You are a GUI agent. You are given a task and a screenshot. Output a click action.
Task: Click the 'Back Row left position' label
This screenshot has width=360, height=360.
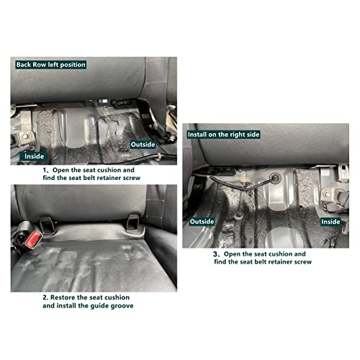click(x=51, y=65)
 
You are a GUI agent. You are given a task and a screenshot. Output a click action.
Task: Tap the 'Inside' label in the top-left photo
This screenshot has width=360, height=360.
click(x=35, y=156)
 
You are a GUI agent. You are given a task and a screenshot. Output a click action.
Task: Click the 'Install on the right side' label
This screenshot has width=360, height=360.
click(x=223, y=134)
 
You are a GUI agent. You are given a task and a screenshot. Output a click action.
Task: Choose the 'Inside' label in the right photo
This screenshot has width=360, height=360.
click(x=330, y=222)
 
